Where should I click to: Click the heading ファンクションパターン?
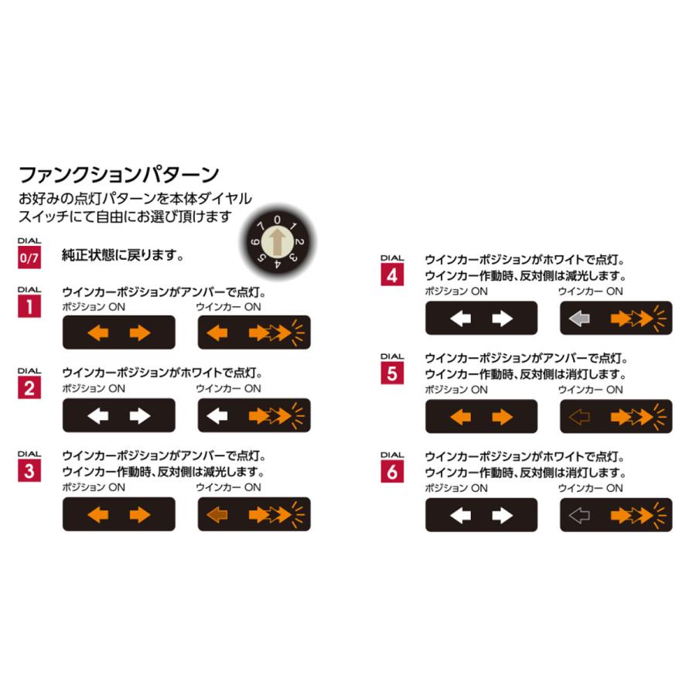point(118,172)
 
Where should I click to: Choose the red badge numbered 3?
point(29,472)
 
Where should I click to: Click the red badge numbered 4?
point(392,275)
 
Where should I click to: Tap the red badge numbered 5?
point(392,374)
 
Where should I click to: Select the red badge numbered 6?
point(392,472)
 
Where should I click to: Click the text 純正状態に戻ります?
point(123,254)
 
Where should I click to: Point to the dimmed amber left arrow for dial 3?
point(218,514)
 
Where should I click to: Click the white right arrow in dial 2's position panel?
point(140,416)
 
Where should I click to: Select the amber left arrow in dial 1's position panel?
point(98,333)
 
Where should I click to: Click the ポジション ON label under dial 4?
point(456,292)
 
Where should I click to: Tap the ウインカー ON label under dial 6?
point(591,488)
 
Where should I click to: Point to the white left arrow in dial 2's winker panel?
point(218,416)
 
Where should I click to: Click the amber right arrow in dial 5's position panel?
point(503,418)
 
